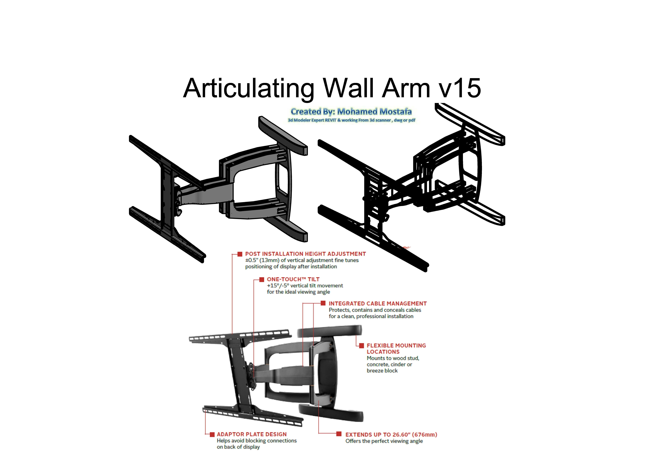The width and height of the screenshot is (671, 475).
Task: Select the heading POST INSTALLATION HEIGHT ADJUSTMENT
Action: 305,254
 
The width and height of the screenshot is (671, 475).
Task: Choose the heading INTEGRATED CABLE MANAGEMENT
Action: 378,304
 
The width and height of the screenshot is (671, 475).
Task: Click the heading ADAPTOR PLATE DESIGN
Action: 252,434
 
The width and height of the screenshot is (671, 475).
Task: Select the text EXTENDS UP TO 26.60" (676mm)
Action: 391,435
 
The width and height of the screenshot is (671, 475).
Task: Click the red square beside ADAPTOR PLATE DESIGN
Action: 212,434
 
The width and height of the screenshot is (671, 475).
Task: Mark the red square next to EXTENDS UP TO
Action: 339,434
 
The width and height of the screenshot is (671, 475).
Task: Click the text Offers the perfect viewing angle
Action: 384,441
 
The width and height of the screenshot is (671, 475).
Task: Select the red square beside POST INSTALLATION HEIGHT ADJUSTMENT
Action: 240,254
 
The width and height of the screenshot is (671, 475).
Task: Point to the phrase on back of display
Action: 238,447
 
